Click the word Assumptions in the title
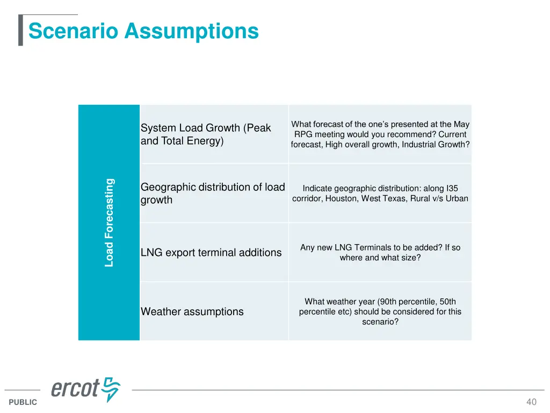coord(191,32)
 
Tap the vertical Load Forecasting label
coord(109,223)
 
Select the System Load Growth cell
coord(213,134)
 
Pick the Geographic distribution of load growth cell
coord(213,193)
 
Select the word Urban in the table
coord(457,198)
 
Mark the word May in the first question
coord(461,124)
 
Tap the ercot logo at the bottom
coord(86,389)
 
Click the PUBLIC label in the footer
coord(23,402)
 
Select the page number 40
coord(531,402)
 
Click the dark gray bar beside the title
coord(20,31)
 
